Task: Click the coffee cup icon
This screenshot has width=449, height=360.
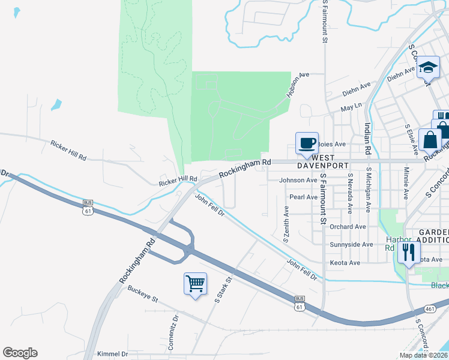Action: pos(307,143)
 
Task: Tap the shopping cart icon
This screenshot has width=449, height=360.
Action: pos(196,283)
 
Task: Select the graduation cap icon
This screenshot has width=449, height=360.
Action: pos(428,67)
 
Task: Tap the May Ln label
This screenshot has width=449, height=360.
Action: pos(351,107)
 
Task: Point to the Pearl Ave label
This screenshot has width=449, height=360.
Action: pos(303,197)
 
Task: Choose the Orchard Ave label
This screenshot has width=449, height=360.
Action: pos(348,227)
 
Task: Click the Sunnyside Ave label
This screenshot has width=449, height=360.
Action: pos(352,245)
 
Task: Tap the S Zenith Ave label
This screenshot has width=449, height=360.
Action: pos(286,224)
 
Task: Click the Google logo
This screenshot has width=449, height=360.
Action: pos(20,353)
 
